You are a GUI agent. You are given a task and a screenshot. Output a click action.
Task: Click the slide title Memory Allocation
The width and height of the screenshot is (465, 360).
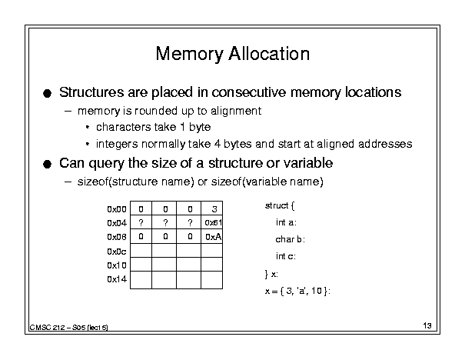click(x=233, y=54)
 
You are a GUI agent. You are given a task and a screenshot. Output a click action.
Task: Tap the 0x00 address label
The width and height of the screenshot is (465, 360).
click(x=117, y=209)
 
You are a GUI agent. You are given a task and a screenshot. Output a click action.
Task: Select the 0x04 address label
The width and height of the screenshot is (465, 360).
click(x=117, y=223)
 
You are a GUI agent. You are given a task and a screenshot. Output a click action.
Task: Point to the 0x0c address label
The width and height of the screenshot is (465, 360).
click(x=117, y=252)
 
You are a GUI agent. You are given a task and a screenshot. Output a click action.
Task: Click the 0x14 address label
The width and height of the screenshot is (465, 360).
click(x=117, y=279)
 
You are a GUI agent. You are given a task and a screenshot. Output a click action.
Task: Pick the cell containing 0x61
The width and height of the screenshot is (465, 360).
click(x=211, y=222)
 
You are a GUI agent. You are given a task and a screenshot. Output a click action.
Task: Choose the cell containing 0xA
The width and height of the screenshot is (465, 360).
click(x=211, y=236)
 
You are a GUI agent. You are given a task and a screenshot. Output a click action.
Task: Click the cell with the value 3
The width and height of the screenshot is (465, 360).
click(x=211, y=208)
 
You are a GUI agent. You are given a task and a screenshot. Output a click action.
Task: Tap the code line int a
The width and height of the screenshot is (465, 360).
click(x=286, y=222)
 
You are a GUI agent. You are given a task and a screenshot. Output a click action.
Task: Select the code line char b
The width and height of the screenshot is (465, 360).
click(x=291, y=239)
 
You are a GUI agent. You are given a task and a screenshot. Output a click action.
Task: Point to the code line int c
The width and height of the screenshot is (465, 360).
click(x=286, y=256)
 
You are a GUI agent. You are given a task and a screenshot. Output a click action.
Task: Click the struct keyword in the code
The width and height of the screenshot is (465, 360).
click(x=277, y=205)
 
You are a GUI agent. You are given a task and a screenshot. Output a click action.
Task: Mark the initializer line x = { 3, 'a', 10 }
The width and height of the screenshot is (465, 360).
click(x=297, y=291)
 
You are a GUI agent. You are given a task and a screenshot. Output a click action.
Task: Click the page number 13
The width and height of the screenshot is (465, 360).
click(x=427, y=326)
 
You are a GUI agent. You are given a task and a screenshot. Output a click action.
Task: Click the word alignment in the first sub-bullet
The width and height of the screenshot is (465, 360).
click(x=236, y=112)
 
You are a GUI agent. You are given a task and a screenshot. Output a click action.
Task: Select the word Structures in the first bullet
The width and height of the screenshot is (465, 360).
click(x=91, y=92)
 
